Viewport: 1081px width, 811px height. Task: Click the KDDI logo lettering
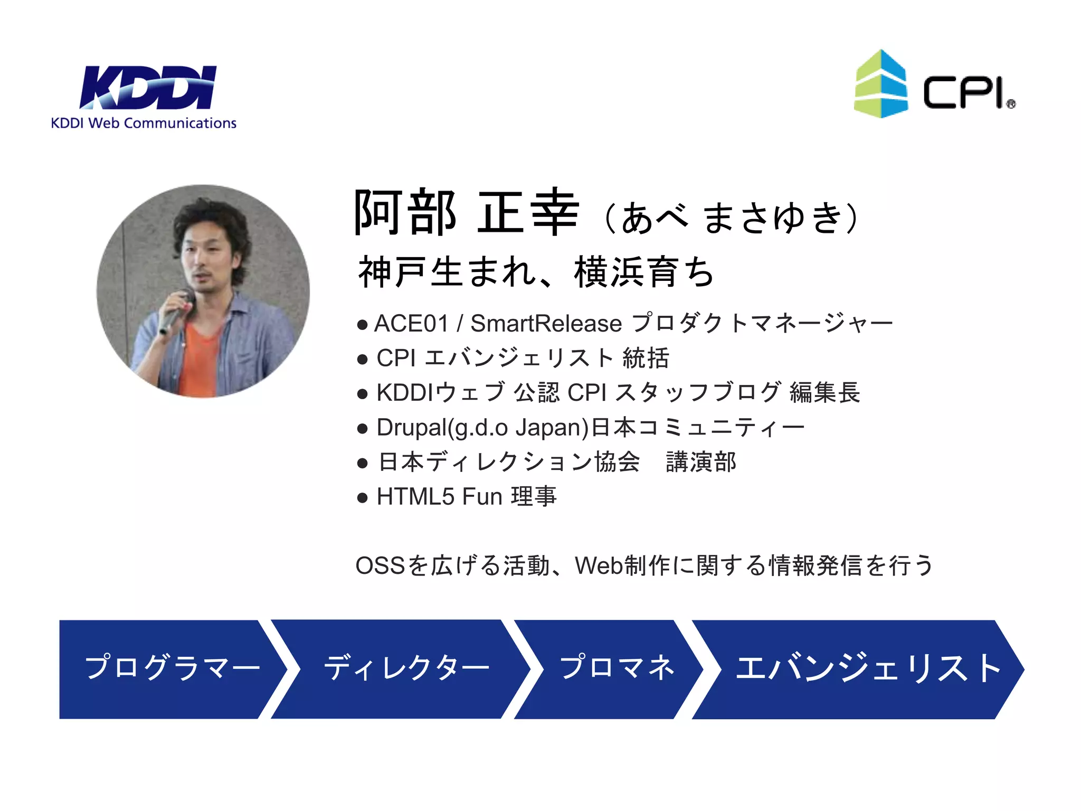pyautogui.click(x=148, y=87)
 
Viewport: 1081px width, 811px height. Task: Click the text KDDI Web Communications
pyautogui.click(x=144, y=124)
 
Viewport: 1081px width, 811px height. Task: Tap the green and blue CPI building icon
pyautogui.click(x=880, y=84)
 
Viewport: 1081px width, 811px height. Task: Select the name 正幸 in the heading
pyautogui.click(x=528, y=213)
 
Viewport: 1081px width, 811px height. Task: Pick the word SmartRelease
pyautogui.click(x=546, y=324)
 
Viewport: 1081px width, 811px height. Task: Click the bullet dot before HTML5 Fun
pyautogui.click(x=362, y=498)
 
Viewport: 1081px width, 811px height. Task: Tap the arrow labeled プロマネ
pyautogui.click(x=615, y=668)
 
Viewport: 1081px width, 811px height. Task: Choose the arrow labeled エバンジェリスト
pyautogui.click(x=866, y=668)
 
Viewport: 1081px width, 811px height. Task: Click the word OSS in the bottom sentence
pyautogui.click(x=380, y=566)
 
